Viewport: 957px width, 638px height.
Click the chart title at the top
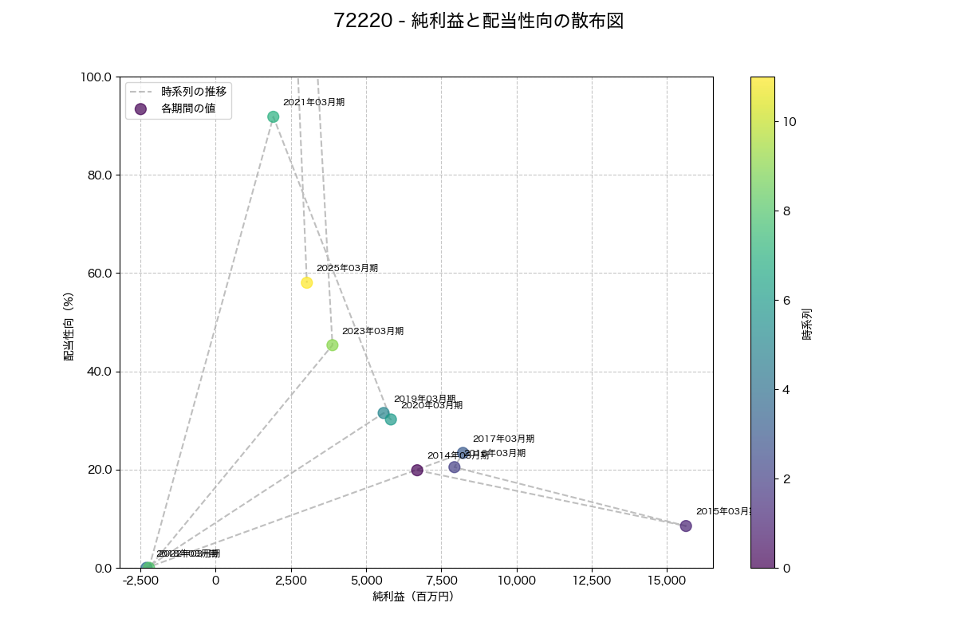478,22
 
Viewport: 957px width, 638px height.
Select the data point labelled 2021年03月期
274,117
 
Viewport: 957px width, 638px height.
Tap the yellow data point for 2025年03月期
307,283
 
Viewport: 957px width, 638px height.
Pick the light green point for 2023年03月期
333,345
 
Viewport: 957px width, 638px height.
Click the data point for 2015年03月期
686,526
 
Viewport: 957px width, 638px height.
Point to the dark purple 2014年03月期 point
417,471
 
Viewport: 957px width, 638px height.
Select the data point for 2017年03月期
463,454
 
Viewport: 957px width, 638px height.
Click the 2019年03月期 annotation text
424,399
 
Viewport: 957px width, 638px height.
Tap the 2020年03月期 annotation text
431,405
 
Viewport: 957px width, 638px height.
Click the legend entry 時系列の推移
194,92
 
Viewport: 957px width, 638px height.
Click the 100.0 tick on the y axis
96,77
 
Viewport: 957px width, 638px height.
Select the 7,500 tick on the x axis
441,580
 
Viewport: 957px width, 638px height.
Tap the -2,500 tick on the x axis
140,580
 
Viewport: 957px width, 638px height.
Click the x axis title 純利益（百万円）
413,597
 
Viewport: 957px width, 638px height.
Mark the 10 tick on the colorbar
790,122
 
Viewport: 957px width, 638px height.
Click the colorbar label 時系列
807,322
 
